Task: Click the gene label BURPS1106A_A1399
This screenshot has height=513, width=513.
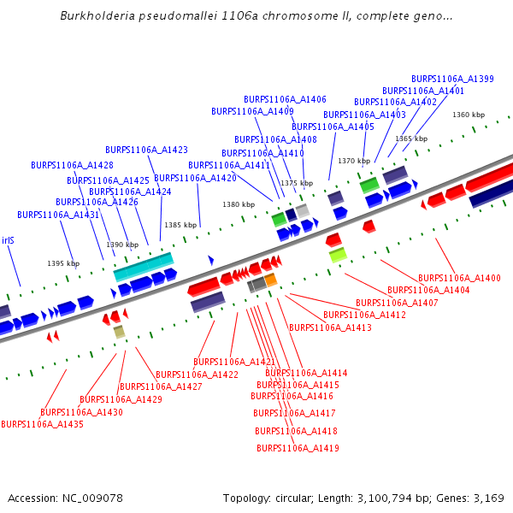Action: pos(452,79)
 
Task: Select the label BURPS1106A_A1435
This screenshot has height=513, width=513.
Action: pos(42,424)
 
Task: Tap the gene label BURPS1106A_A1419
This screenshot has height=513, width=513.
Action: pos(298,448)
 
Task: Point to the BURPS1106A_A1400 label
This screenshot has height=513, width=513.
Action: pos(459,278)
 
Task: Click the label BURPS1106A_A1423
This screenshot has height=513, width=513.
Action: pos(146,150)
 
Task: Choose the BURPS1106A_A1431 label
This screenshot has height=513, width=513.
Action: pos(58,215)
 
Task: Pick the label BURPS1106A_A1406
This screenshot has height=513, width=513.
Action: pos(285,99)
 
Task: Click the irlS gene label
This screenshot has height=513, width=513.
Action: pos(8,240)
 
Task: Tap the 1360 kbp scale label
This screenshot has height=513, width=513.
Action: pos(468,115)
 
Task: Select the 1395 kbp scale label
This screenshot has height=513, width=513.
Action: pos(62,263)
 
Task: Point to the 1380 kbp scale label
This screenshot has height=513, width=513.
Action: pos(239,204)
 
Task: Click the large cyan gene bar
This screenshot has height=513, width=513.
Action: pos(144,266)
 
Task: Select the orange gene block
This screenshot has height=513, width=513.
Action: pos(270,280)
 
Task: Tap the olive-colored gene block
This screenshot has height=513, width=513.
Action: pos(119,331)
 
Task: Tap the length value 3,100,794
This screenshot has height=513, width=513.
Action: pos(394,498)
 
